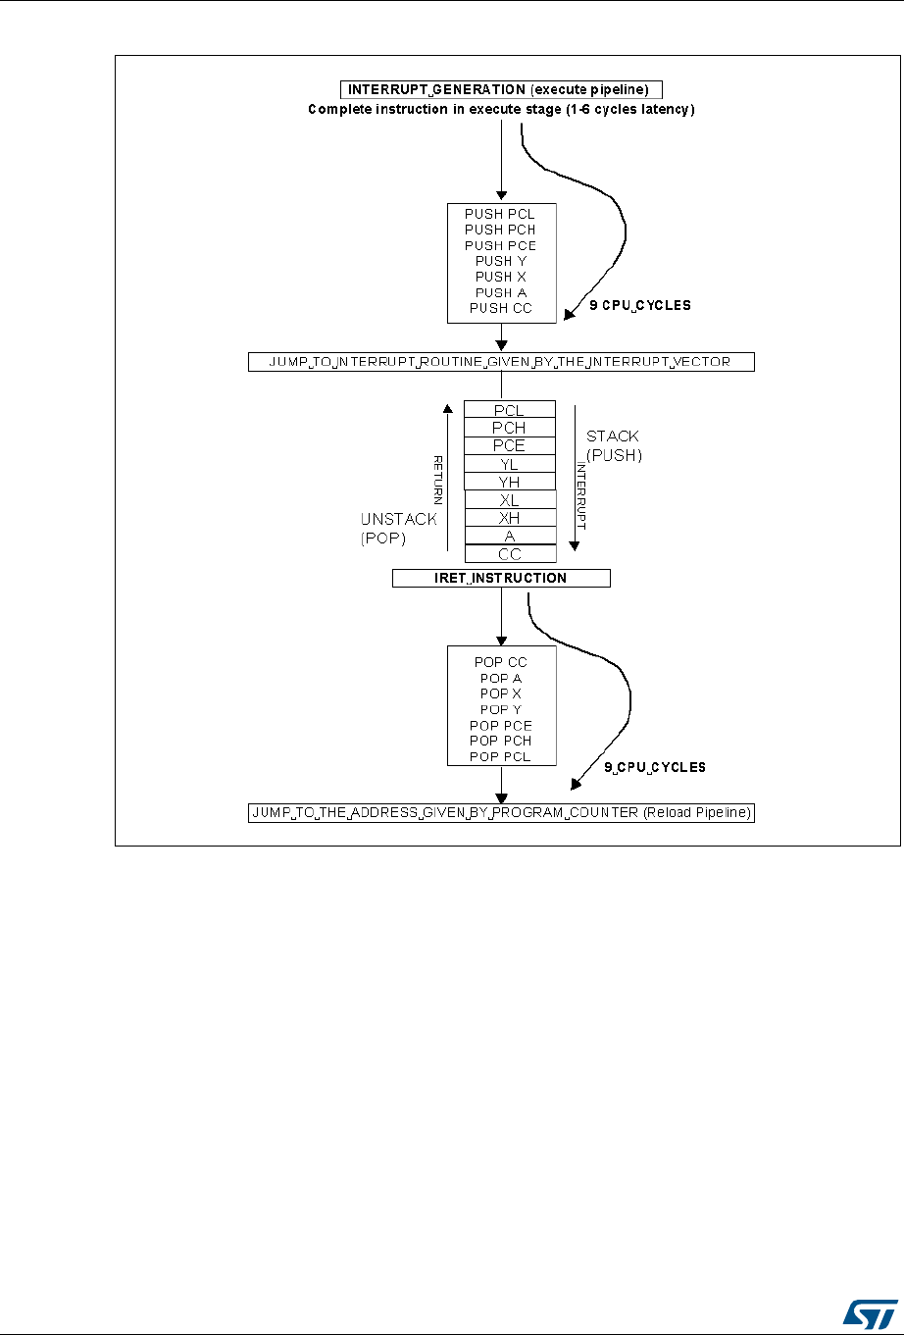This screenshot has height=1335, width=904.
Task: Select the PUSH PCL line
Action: pos(500,214)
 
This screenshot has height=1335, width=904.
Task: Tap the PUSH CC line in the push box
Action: pos(500,308)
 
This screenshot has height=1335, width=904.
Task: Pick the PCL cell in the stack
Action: pos(510,410)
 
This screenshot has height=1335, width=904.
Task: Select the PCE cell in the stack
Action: pos(510,446)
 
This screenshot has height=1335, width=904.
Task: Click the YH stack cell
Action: pos(510,483)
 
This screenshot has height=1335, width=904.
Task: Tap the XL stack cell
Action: pos(510,500)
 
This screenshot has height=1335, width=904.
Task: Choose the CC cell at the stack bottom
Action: pos(510,554)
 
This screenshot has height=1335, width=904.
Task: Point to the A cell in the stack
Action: pos(510,537)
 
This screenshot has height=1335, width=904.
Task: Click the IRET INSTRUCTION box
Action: pos(501,578)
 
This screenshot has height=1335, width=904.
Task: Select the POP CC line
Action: pos(500,662)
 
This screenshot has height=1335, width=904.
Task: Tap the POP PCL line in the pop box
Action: pos(500,756)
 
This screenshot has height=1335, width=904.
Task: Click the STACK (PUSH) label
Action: pos(614,445)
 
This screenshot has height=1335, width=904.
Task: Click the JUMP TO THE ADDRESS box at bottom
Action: pos(501,813)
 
